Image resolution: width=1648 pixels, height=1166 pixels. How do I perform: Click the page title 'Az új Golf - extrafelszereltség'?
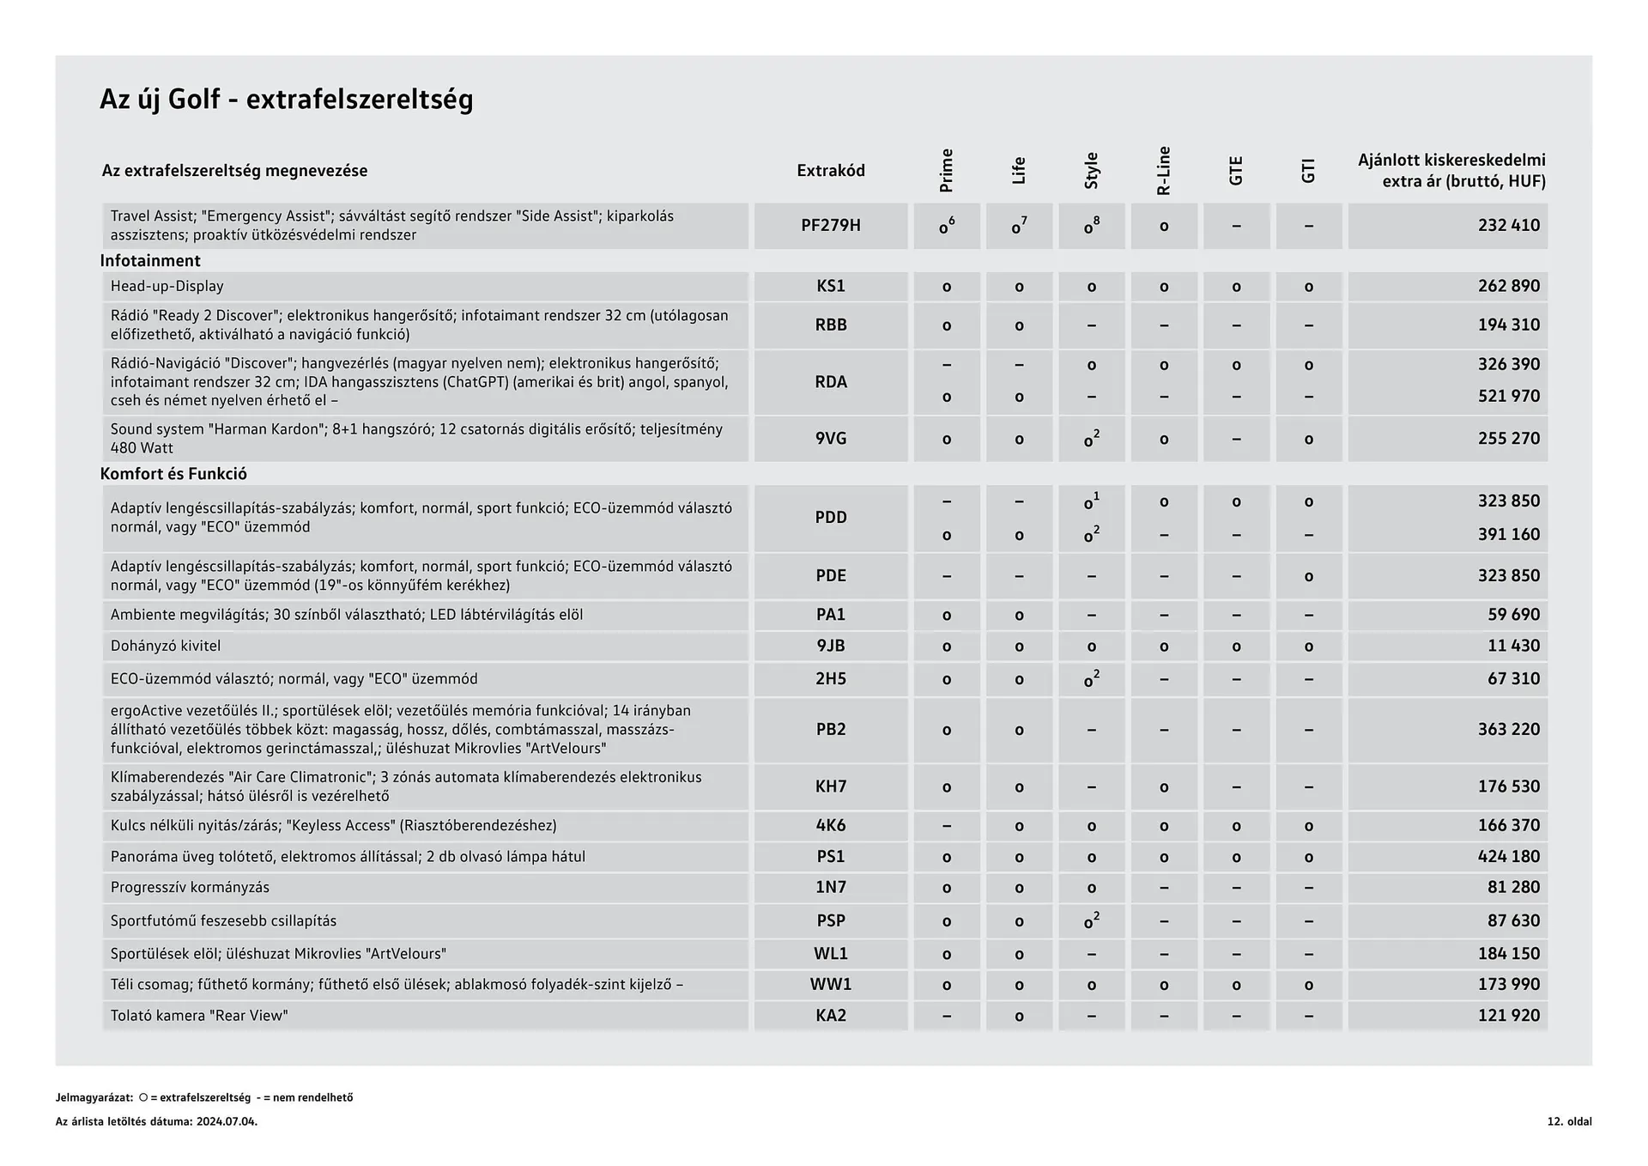tap(286, 100)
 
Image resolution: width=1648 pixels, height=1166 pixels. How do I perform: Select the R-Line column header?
tap(1164, 171)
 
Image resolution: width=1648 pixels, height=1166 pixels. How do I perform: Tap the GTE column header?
tap(1236, 171)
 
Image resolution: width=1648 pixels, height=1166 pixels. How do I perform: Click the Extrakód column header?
tap(830, 171)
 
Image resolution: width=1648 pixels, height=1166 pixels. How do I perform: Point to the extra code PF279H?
tap(830, 226)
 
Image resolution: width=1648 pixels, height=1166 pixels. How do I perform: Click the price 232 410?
tap(1508, 226)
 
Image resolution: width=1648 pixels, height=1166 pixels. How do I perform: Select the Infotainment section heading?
tap(150, 261)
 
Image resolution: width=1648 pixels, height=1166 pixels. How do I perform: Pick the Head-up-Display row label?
tap(167, 287)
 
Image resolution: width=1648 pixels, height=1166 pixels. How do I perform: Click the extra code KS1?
tap(830, 287)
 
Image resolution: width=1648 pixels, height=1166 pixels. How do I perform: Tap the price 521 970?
tap(1508, 397)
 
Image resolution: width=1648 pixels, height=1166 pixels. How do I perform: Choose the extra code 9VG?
tap(830, 439)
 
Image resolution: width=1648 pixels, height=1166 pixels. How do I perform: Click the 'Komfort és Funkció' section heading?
tap(173, 474)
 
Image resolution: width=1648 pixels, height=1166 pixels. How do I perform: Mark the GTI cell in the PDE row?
tap(1308, 576)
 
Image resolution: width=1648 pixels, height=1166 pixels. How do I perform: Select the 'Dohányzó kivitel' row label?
tap(166, 647)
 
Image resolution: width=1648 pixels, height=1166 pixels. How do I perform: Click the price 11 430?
tap(1513, 647)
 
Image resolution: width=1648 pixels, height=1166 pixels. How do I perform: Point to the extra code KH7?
tap(830, 786)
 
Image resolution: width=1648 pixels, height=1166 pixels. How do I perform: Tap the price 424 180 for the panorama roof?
tap(1508, 857)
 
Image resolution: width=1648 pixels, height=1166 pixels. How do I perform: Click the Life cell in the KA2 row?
tap(1019, 1017)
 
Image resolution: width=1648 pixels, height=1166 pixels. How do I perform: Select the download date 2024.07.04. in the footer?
tap(227, 1121)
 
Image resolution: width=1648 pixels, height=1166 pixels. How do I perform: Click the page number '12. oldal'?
tap(1569, 1121)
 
